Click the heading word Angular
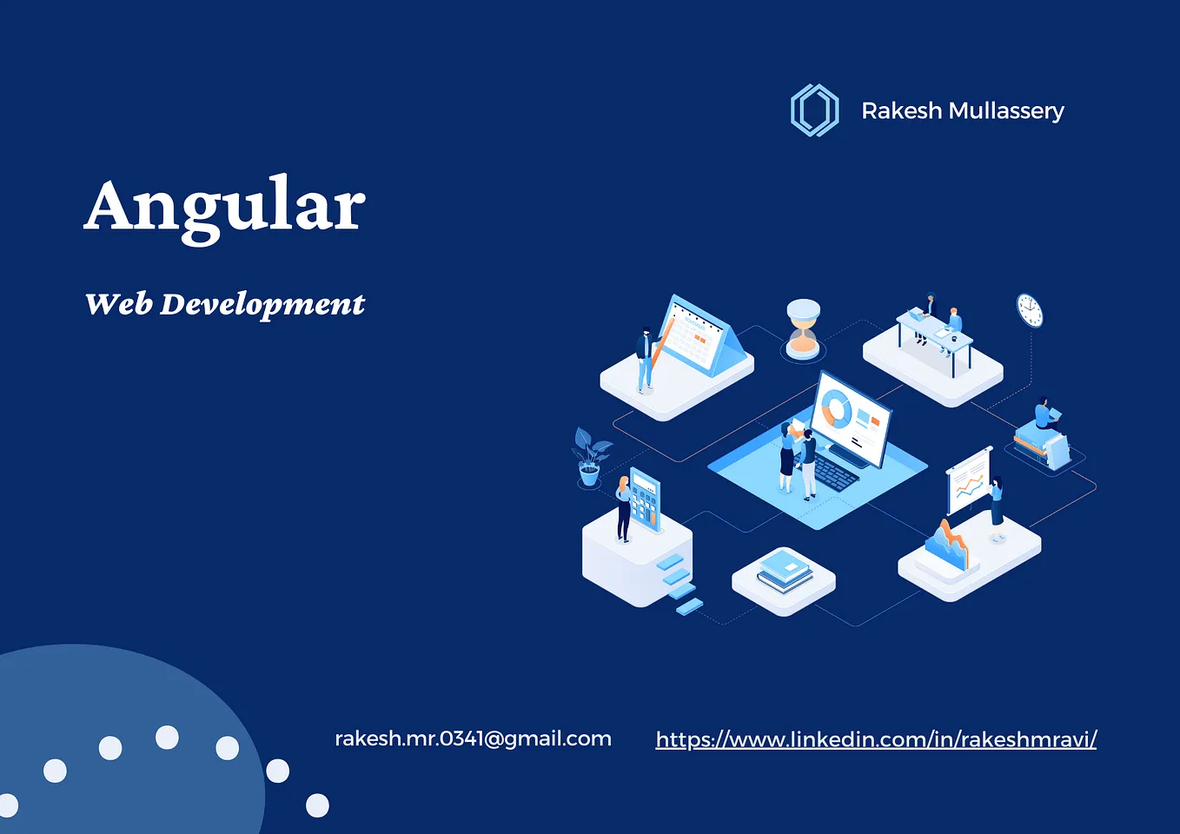coord(224,206)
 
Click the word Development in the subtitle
coord(262,305)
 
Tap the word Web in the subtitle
coord(119,303)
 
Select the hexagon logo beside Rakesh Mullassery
coord(814,110)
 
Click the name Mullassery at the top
coord(1005,111)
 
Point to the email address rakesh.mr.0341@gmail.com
coord(473,738)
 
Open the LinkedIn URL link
coord(876,739)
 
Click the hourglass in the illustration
coord(803,328)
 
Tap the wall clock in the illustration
coord(1030,310)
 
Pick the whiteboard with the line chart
coord(969,480)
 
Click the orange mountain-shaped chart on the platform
coord(947,544)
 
